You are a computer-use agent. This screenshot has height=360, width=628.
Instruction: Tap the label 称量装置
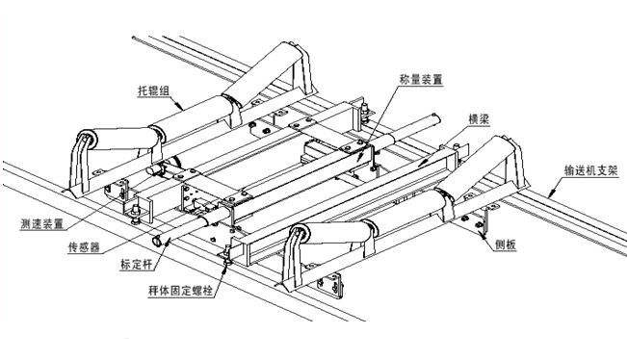click(421, 79)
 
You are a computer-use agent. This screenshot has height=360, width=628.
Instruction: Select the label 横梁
click(479, 119)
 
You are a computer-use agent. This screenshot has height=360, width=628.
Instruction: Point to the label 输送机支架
click(591, 170)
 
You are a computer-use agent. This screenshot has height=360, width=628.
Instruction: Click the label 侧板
click(506, 245)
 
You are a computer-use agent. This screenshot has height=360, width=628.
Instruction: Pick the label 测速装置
click(42, 224)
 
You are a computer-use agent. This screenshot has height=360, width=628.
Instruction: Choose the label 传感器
click(84, 247)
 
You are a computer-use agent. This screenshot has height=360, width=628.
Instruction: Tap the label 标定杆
click(136, 265)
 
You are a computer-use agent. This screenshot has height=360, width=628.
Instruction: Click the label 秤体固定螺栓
click(180, 291)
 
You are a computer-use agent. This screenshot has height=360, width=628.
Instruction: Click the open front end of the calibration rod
click(156, 241)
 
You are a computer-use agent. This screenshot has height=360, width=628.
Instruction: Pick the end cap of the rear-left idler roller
click(87, 139)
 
